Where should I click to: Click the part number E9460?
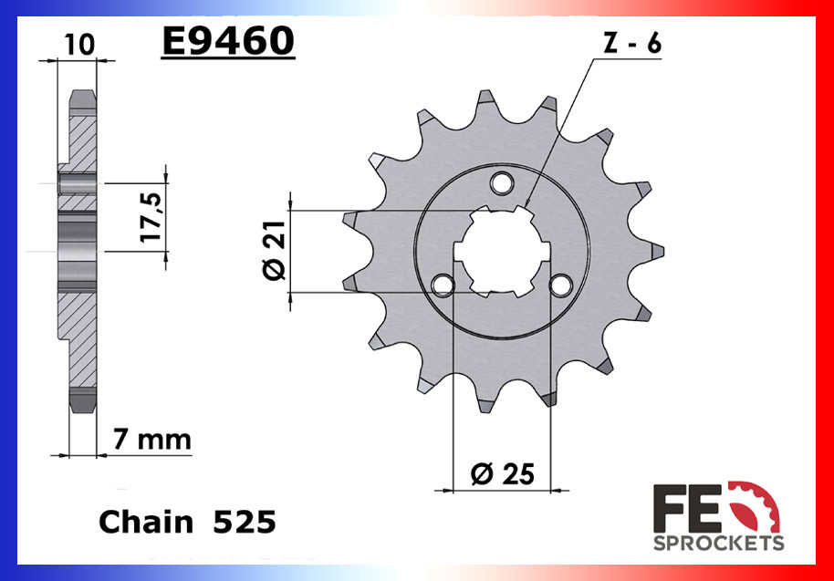tap(227, 42)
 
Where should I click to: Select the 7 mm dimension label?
tap(151, 440)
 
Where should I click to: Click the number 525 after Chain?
tap(244, 522)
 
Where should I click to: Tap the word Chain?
tap(146, 522)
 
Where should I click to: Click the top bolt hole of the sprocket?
tap(500, 183)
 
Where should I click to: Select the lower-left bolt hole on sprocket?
tap(443, 285)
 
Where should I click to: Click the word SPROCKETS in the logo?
tap(718, 544)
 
